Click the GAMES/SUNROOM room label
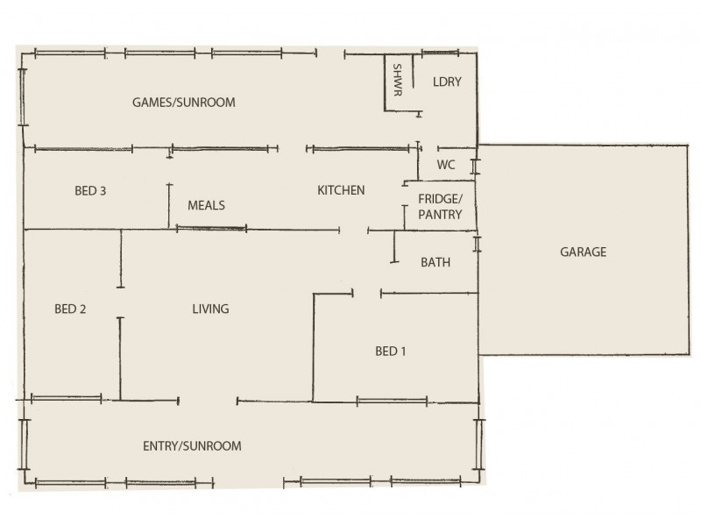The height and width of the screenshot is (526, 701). [184, 103]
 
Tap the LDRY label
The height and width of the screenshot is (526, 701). [447, 82]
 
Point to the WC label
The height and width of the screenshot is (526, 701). [446, 164]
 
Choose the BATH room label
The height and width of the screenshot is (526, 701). [435, 262]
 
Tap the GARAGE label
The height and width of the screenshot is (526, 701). [583, 252]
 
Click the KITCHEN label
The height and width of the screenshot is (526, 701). [341, 190]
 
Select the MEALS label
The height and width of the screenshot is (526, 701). [207, 205]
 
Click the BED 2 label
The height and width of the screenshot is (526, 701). [69, 309]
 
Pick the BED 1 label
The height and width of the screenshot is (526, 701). [391, 352]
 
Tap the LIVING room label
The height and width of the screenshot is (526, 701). [210, 309]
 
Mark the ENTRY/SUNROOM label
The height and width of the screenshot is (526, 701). [192, 446]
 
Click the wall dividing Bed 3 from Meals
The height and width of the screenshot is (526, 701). [169, 206]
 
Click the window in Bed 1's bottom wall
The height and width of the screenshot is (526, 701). [392, 401]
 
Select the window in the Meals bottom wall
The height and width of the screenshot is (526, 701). [211, 229]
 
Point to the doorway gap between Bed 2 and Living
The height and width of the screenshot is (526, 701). [121, 302]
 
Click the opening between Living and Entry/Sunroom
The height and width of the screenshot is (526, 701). [208, 401]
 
